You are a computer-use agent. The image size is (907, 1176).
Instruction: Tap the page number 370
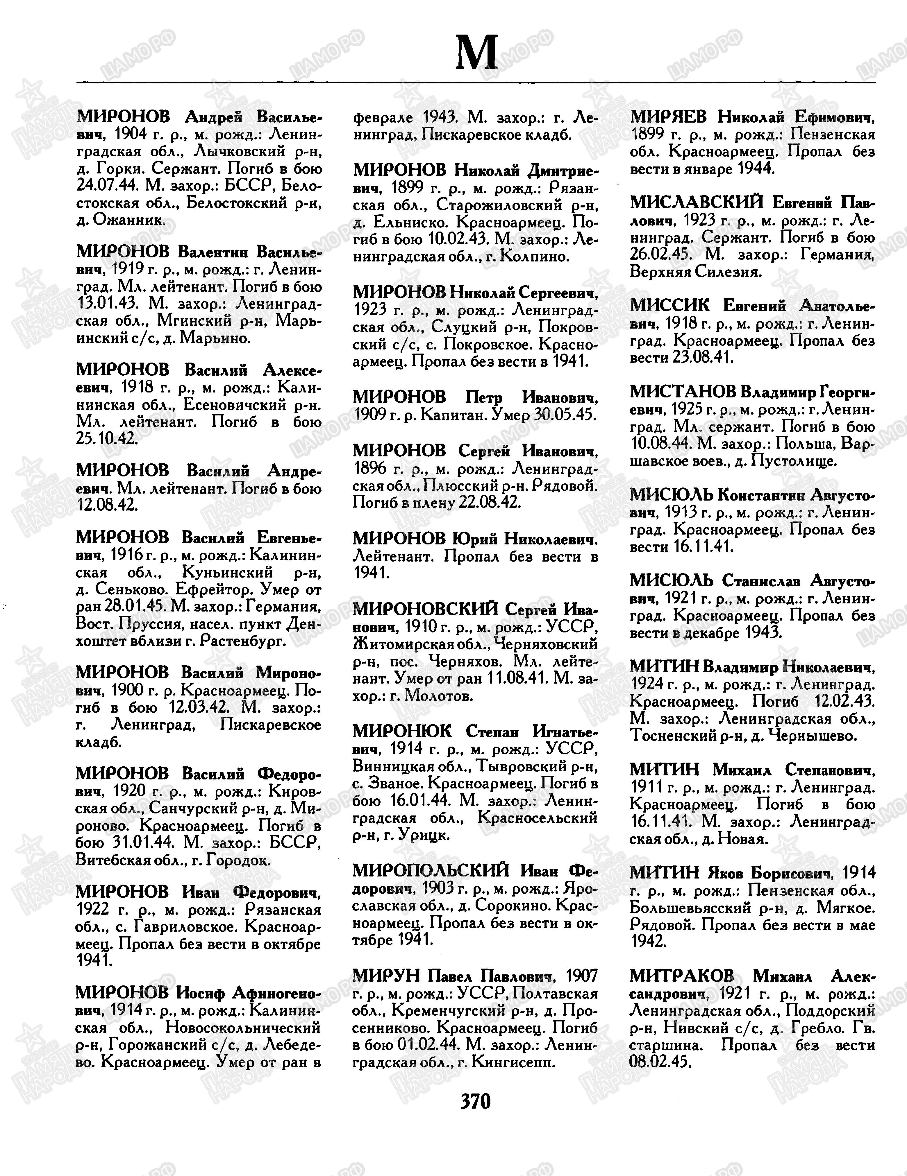(x=475, y=1101)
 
